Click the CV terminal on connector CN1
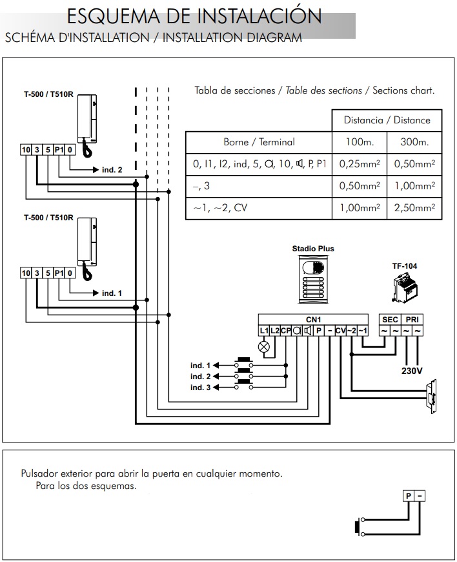[341, 331]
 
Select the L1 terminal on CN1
[264, 331]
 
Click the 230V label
[412, 371]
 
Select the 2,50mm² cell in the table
[414, 208]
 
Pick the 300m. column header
[414, 142]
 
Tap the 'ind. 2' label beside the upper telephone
[112, 170]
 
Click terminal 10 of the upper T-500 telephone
[26, 150]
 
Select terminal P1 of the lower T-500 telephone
[59, 273]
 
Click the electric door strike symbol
[431, 397]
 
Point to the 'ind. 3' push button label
[200, 388]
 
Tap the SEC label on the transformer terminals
[390, 320]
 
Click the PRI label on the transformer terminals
[412, 320]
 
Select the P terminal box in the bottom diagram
[409, 496]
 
